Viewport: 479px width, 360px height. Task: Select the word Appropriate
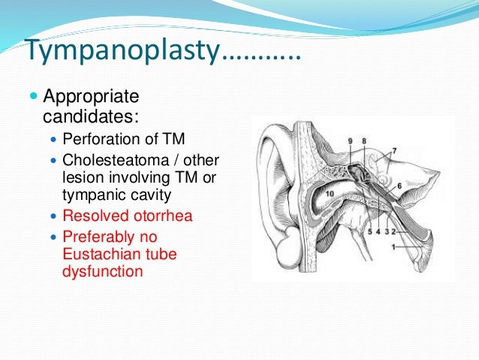tap(92, 98)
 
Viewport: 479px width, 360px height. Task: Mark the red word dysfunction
tap(102, 271)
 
